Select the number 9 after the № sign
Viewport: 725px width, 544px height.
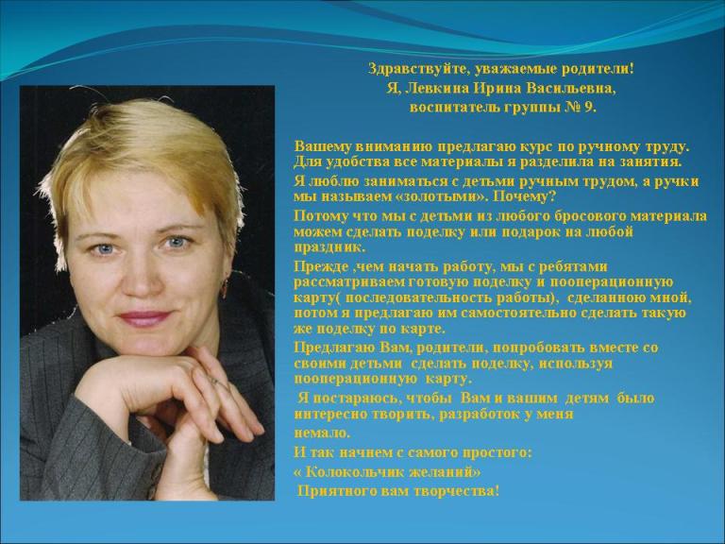(x=589, y=108)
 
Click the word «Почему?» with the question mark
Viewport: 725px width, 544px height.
(x=524, y=197)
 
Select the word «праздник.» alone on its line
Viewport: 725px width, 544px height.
(x=329, y=248)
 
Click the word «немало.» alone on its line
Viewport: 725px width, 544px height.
(x=322, y=433)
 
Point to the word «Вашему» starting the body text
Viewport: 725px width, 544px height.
(x=322, y=147)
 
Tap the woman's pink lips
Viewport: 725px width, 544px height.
(x=143, y=318)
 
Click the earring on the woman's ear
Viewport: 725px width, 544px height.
(x=225, y=286)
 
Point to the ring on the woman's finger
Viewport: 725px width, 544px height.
(x=215, y=382)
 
